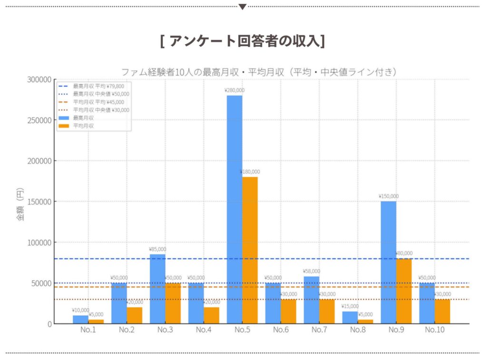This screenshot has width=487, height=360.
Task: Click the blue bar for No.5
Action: [x=234, y=209]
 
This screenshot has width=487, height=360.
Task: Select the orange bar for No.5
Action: [x=250, y=250]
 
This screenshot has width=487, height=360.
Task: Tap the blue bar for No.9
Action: [x=388, y=262]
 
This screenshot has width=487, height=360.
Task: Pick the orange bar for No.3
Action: [x=173, y=303]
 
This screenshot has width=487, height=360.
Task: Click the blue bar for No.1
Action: [x=81, y=320]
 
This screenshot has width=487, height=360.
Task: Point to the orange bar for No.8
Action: [x=365, y=321]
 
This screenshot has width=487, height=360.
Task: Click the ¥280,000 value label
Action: [x=234, y=90]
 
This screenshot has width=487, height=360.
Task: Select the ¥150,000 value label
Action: [x=389, y=196]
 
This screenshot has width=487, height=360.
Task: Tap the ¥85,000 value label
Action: [x=157, y=249]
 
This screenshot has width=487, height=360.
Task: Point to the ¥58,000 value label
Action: [x=312, y=271]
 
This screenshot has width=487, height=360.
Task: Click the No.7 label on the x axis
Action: [x=319, y=330]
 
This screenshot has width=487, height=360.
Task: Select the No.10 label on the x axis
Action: [x=434, y=330]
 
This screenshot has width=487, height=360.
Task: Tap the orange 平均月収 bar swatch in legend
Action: [x=63, y=126]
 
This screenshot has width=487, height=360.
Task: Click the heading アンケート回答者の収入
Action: [x=243, y=41]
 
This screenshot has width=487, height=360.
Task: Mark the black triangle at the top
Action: [x=243, y=7]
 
